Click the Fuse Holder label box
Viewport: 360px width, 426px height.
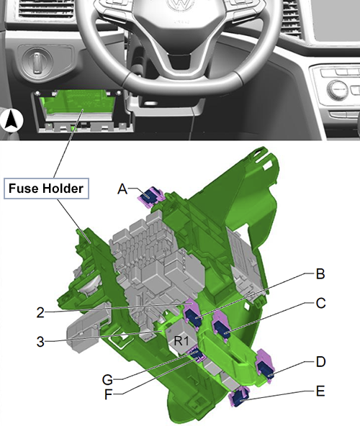coord(46,189)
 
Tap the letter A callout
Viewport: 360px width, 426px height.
coord(122,189)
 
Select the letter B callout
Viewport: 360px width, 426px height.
coord(320,274)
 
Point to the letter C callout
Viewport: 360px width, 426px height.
coord(321,303)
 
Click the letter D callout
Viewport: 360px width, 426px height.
coord(321,362)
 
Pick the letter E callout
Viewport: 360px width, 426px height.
coord(320,391)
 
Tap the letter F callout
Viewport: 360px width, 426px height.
coord(109,395)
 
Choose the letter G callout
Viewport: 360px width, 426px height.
coord(107,380)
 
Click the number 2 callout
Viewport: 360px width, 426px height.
coord(40,313)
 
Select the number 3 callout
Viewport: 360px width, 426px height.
coord(40,342)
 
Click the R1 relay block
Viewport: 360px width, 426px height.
coord(181,337)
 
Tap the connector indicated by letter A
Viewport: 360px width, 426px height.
coord(151,196)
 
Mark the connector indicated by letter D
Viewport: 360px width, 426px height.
coord(266,366)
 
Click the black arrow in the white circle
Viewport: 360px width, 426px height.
coord(12,120)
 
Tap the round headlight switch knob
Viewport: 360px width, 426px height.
coord(37,62)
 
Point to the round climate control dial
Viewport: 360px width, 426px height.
coord(338,89)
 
